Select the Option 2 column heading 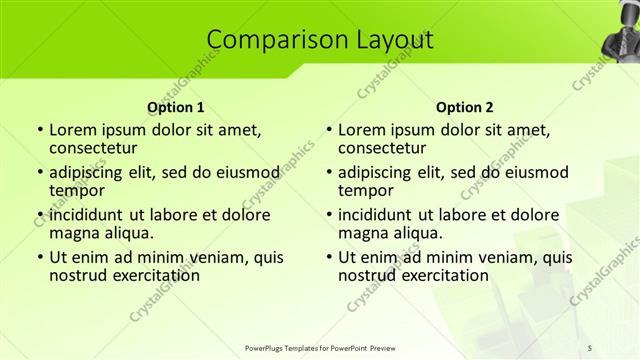tap(465, 106)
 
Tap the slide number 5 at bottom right tap(591, 347)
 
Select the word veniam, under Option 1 tap(200, 257)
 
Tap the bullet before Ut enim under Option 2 tap(329, 257)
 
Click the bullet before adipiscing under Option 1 tap(39, 171)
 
